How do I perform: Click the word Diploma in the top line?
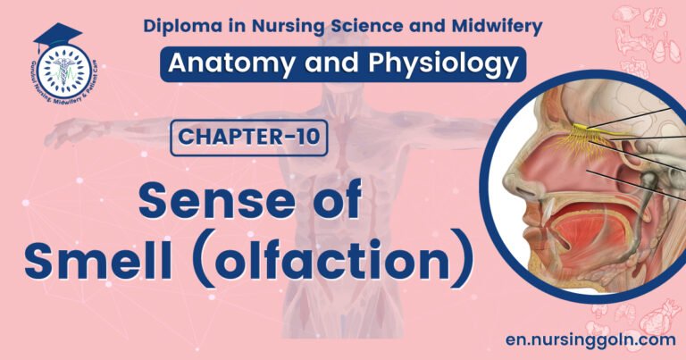(x=180, y=27)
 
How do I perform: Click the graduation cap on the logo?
(x=57, y=37)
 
